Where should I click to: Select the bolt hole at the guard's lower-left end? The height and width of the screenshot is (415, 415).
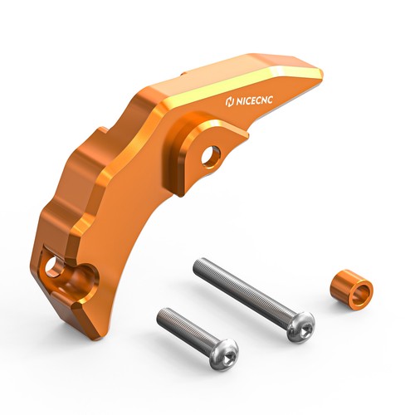(x=54, y=267)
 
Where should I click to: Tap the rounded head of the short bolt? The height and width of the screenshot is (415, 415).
(x=222, y=354)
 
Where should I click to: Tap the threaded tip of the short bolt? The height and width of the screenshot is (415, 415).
(x=162, y=315)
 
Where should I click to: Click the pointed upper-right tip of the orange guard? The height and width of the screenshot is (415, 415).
(x=320, y=73)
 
